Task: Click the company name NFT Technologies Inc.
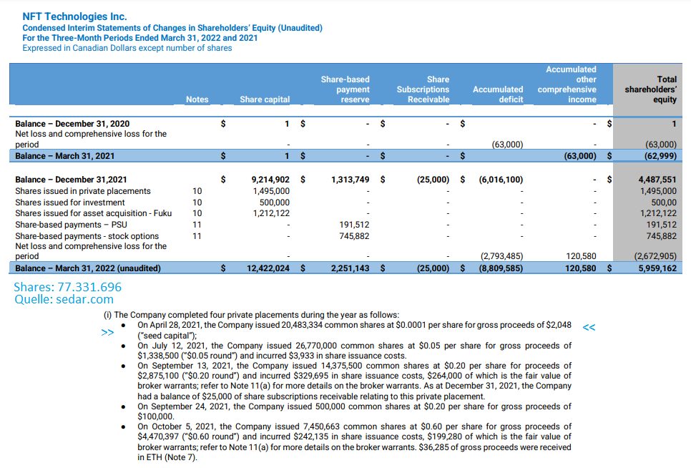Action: click(74, 16)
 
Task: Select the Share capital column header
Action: click(265, 99)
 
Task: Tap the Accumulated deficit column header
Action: click(498, 94)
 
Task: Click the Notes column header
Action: click(197, 99)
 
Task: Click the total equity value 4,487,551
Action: click(657, 180)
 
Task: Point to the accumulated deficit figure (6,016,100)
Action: click(501, 180)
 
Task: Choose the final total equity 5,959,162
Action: click(657, 268)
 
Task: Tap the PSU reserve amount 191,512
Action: click(354, 224)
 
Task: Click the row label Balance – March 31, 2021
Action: click(64, 155)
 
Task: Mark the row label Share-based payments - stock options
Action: click(87, 235)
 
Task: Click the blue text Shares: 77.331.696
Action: click(67, 287)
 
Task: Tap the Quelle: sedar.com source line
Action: click(64, 300)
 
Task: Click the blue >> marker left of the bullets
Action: click(107, 333)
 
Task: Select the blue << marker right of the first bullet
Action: click(589, 327)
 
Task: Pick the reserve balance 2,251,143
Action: click(350, 268)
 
